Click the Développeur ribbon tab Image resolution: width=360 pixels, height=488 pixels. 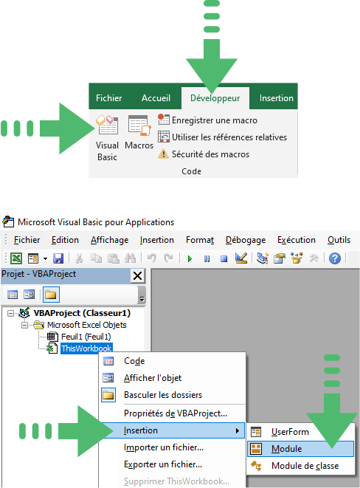[x=215, y=98]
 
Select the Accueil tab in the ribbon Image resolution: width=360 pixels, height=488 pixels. [x=156, y=98]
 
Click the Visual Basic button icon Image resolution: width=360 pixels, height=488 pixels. [x=107, y=125]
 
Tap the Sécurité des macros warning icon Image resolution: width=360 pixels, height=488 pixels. [x=164, y=154]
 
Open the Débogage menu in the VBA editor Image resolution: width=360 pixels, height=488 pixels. [x=246, y=240]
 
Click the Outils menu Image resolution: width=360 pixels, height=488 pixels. [x=339, y=240]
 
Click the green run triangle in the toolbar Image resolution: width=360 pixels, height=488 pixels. [x=190, y=258]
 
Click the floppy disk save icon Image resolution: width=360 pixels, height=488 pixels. [x=58, y=258]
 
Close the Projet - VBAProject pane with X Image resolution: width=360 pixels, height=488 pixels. [x=137, y=275]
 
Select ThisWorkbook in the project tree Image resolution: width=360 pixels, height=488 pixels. [x=86, y=348]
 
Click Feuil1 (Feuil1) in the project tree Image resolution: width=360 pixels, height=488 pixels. [x=86, y=337]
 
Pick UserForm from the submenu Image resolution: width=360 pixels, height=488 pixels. [x=290, y=432]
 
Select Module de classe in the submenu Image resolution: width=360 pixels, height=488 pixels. [x=305, y=466]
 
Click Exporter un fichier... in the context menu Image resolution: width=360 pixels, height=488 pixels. [x=163, y=464]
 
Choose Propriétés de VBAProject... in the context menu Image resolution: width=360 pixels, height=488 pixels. [x=176, y=413]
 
